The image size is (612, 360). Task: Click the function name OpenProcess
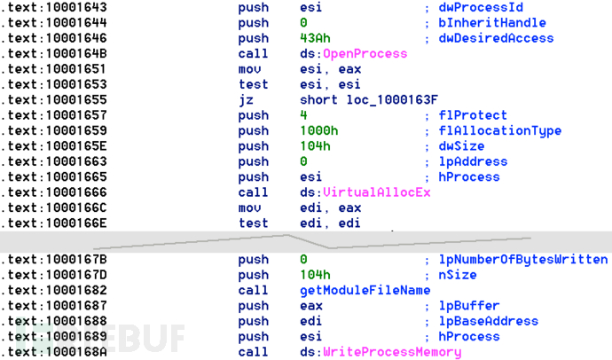(365, 53)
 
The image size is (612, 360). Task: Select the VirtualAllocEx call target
(377, 192)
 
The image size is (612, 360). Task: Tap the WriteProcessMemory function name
(392, 352)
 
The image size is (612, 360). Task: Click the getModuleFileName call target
(365, 290)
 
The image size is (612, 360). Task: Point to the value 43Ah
(315, 38)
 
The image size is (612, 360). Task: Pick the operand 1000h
(319, 130)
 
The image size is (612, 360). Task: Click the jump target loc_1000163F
(392, 100)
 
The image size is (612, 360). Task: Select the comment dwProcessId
(481, 7)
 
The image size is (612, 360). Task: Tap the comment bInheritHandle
(491, 23)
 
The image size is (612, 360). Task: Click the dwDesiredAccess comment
(496, 38)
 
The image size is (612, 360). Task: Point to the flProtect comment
(473, 115)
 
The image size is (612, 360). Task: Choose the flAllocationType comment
(499, 130)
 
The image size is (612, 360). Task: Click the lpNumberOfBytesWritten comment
(523, 260)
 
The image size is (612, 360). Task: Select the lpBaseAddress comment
(489, 321)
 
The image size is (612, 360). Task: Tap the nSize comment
(458, 275)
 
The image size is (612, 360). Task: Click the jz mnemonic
(246, 100)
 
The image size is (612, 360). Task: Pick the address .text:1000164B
(53, 53)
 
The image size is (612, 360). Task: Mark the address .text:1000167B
(53, 260)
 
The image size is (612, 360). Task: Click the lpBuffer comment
(469, 306)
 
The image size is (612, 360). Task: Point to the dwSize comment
(461, 146)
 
